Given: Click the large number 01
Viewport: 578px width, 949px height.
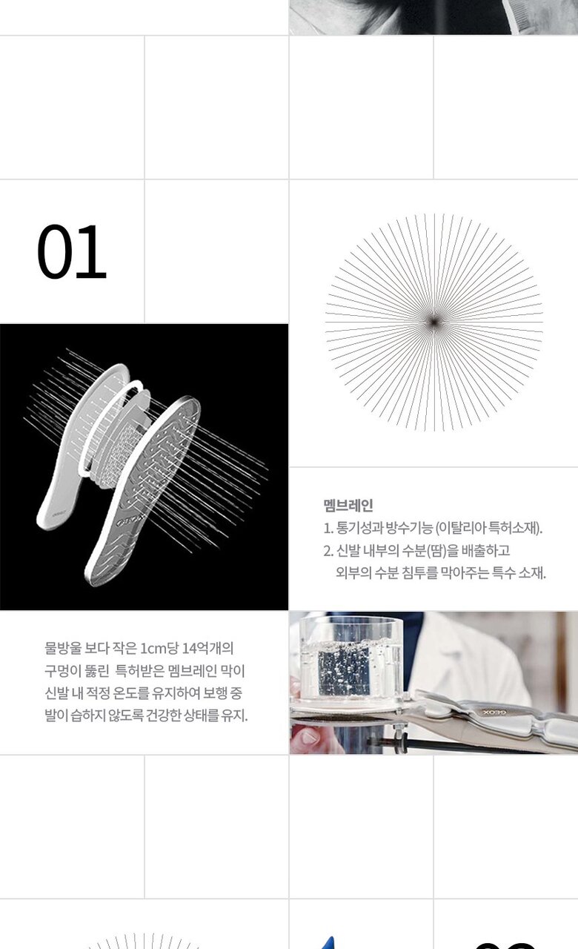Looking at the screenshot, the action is coord(72,251).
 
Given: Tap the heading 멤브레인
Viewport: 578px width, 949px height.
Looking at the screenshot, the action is coord(348,505).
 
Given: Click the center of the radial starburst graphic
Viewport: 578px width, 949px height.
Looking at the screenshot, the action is coord(433,323).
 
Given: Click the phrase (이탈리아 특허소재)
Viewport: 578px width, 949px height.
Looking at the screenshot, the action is coord(488,528).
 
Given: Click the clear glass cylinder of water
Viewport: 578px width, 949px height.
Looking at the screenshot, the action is coord(351,661).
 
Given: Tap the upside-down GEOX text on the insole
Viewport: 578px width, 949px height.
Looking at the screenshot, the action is coord(494,712).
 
